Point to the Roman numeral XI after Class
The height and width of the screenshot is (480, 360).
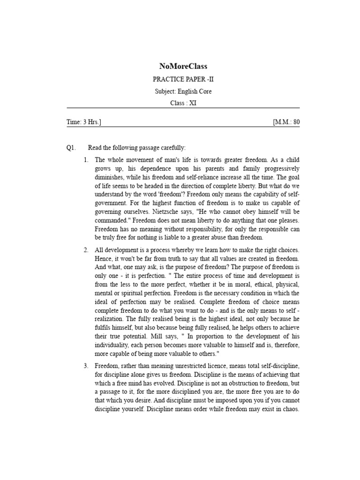pos(193,103)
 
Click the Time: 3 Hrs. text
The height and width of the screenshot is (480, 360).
pos(84,122)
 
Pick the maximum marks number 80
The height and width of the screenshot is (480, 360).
pos(296,122)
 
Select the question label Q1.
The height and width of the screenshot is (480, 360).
pos(71,148)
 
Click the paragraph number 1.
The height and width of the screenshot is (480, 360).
pos(86,160)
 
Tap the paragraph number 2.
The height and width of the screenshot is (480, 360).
pos(86,250)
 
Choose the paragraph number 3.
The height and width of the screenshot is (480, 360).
pos(86,365)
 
